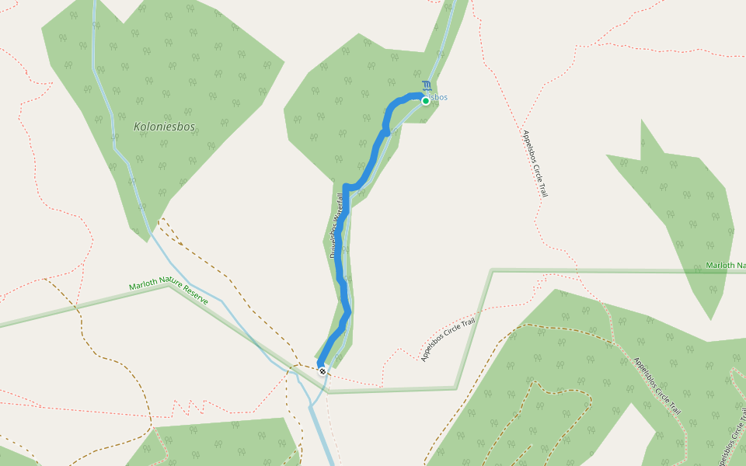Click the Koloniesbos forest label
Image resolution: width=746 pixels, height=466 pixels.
pos(164,127)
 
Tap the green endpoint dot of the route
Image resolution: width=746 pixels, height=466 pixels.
pos(426,101)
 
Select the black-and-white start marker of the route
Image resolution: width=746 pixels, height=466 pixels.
pos(322,371)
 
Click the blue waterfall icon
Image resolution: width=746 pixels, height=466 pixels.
pos(426,85)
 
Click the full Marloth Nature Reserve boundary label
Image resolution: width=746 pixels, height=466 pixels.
pos(169,293)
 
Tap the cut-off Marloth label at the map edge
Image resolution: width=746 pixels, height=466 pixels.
pos(725,266)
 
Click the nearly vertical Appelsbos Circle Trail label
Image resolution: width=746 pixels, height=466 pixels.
pos(535,164)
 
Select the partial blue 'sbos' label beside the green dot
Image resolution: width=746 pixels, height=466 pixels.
pos(439,97)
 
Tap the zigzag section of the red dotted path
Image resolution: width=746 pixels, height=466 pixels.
pos(186,405)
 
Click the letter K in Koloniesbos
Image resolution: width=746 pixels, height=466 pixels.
pos(137,127)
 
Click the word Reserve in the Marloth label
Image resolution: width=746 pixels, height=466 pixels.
pos(191,297)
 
